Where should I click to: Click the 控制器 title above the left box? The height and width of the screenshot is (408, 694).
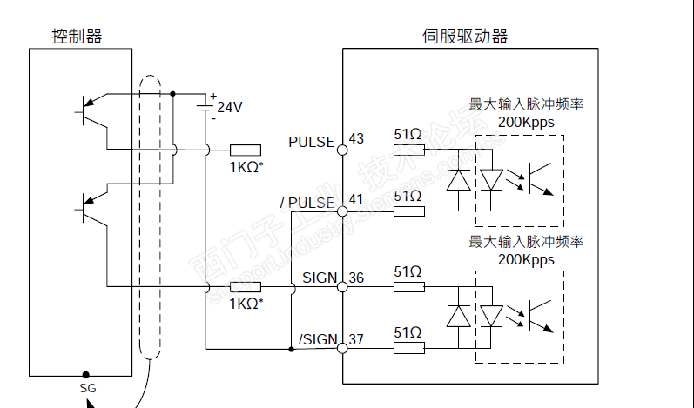point(77,36)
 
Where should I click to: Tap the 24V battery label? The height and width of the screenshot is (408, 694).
point(230,108)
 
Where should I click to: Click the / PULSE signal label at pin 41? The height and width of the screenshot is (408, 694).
point(307,203)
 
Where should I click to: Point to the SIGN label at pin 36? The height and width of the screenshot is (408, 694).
point(320,278)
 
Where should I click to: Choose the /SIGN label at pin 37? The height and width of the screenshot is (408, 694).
point(317,339)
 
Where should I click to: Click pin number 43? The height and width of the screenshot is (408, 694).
point(355,138)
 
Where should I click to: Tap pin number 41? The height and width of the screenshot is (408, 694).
point(355,200)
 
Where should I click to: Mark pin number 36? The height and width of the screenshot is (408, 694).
point(355,278)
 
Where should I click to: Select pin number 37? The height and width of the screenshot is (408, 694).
point(355,339)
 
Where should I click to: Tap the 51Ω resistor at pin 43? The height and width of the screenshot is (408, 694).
point(408,150)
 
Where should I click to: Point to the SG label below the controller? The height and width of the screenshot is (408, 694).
point(87,387)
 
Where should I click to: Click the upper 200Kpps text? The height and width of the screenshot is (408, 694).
point(526,123)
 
